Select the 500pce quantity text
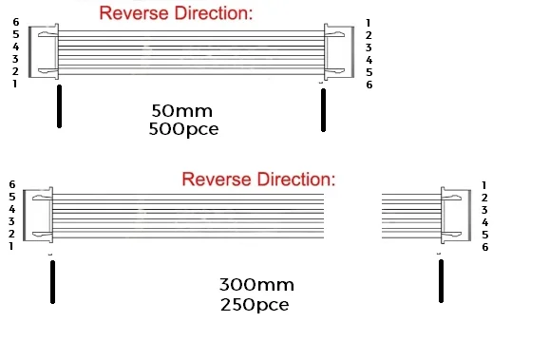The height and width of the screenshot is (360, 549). point(182,128)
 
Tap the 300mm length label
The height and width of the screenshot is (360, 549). point(256,285)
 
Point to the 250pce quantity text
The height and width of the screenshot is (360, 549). point(254,305)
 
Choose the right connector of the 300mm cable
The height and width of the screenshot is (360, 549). point(454,215)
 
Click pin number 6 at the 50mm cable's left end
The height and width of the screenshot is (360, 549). point(15,22)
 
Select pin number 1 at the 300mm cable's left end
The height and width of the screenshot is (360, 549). point(11,246)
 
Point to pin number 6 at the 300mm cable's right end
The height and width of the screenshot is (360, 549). point(484,247)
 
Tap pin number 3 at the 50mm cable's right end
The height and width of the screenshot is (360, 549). point(369,47)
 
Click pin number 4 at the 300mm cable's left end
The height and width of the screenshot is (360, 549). point(11,209)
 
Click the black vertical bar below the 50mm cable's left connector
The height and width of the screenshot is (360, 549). point(59,107)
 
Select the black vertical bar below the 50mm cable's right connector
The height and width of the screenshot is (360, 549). point(323,109)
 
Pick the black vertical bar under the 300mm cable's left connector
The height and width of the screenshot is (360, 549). point(52,283)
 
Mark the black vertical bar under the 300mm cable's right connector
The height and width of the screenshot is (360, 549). point(441,282)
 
